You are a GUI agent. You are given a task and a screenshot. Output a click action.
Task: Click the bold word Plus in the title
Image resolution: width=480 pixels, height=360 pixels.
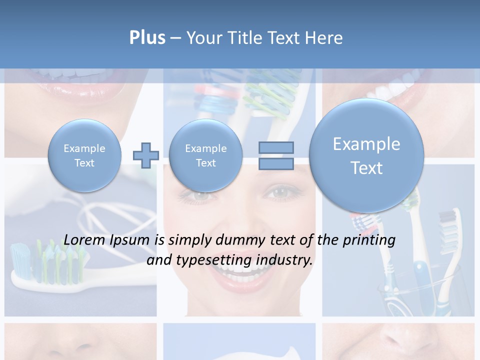[147, 38]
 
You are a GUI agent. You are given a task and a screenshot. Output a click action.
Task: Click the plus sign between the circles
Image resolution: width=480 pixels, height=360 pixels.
[145, 155]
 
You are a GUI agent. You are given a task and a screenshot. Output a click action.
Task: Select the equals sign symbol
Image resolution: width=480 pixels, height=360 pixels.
[276, 155]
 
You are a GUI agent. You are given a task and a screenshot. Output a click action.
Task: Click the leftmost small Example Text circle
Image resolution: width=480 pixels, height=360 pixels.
[84, 155]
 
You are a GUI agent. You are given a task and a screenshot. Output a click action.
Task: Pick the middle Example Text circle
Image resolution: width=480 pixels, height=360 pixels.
[205, 155]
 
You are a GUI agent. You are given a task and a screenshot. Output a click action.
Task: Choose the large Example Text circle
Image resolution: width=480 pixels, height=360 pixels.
[366, 155]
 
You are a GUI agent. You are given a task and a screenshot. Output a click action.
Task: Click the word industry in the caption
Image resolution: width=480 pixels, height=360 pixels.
[284, 260]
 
